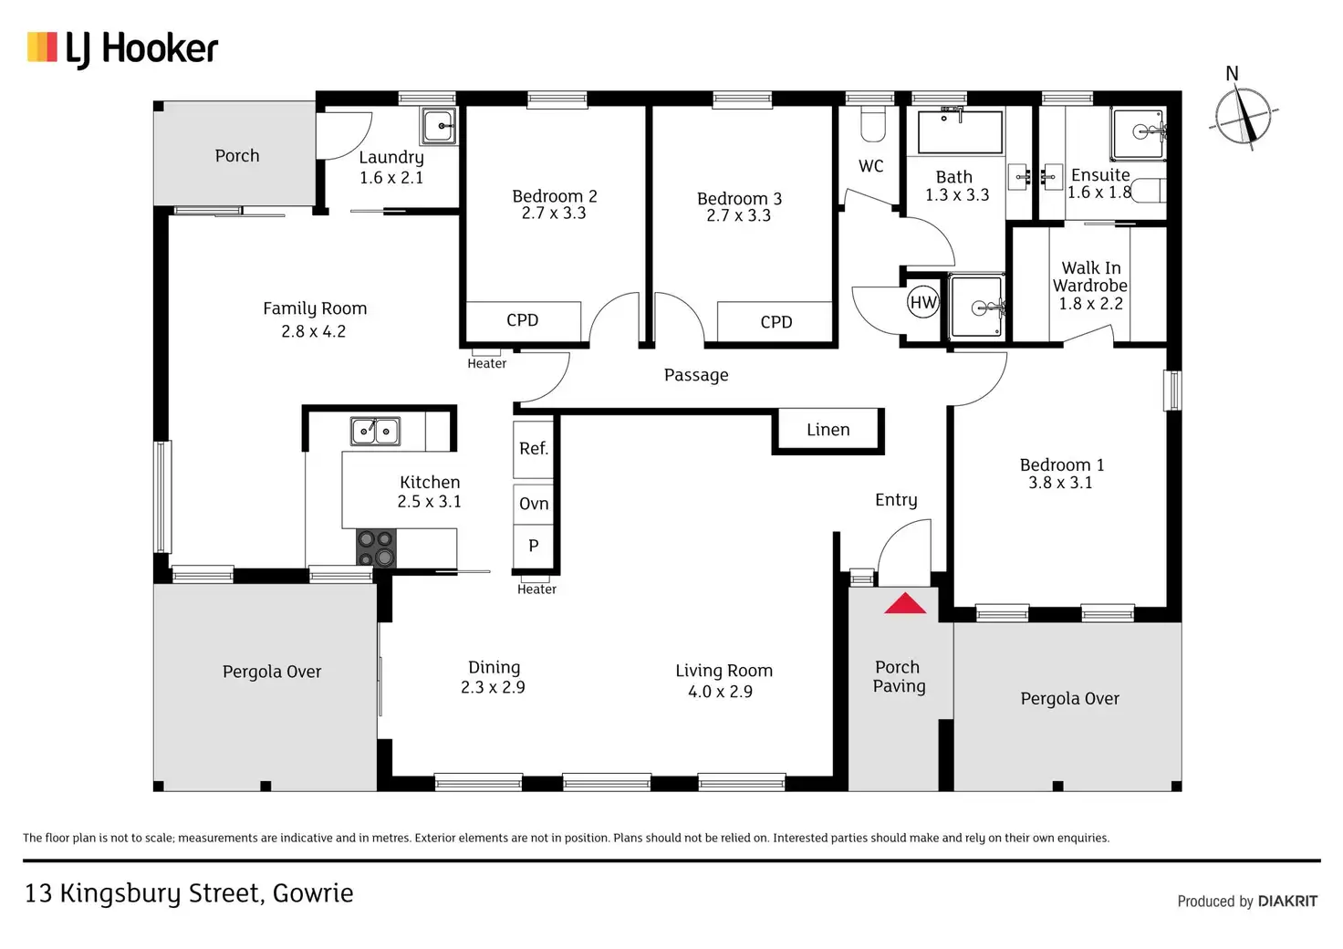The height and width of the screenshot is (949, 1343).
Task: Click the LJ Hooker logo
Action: point(123,48)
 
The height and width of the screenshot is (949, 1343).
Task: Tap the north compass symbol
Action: point(1243,117)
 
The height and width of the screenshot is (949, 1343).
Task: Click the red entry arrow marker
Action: point(905,603)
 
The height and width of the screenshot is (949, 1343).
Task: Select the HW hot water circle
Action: point(923,303)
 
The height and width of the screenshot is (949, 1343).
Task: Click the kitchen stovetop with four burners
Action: point(376,547)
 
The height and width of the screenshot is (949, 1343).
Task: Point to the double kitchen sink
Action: point(375,430)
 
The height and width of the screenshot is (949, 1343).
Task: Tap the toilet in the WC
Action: point(872,125)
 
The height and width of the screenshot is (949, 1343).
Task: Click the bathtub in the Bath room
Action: point(959,131)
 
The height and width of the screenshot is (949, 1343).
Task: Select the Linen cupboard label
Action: point(828,430)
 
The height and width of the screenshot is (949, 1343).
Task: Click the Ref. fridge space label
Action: point(534,448)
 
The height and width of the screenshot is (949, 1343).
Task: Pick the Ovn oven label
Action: point(534,504)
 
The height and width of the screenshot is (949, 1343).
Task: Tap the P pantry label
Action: point(534,546)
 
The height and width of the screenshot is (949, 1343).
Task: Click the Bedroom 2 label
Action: point(555,196)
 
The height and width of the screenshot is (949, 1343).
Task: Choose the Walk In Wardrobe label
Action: point(1090,276)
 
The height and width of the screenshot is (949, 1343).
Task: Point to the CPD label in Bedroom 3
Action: point(776,322)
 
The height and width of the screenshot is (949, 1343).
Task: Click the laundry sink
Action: point(439,126)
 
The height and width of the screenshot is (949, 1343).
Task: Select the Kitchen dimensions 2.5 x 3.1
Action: point(429,501)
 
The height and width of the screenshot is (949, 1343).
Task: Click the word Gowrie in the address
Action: point(313,893)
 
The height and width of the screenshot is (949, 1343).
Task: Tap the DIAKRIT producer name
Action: point(1287,902)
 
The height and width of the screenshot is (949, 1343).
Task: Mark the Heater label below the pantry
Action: point(536,589)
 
